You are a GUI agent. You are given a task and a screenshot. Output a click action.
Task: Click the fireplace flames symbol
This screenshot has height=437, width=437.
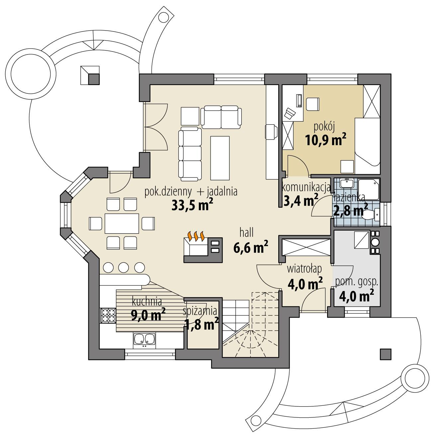tap(196, 236)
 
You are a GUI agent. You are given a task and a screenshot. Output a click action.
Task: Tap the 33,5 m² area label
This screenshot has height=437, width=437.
tap(192, 205)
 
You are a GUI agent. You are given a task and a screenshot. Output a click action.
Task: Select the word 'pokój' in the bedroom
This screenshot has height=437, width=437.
tap(321, 126)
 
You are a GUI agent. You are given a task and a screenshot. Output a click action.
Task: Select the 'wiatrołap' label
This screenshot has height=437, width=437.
tap(304, 269)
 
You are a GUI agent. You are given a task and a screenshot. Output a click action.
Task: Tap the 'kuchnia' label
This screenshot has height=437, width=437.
tap(147, 302)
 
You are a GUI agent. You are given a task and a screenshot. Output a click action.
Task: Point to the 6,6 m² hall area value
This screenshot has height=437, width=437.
tap(251, 248)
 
